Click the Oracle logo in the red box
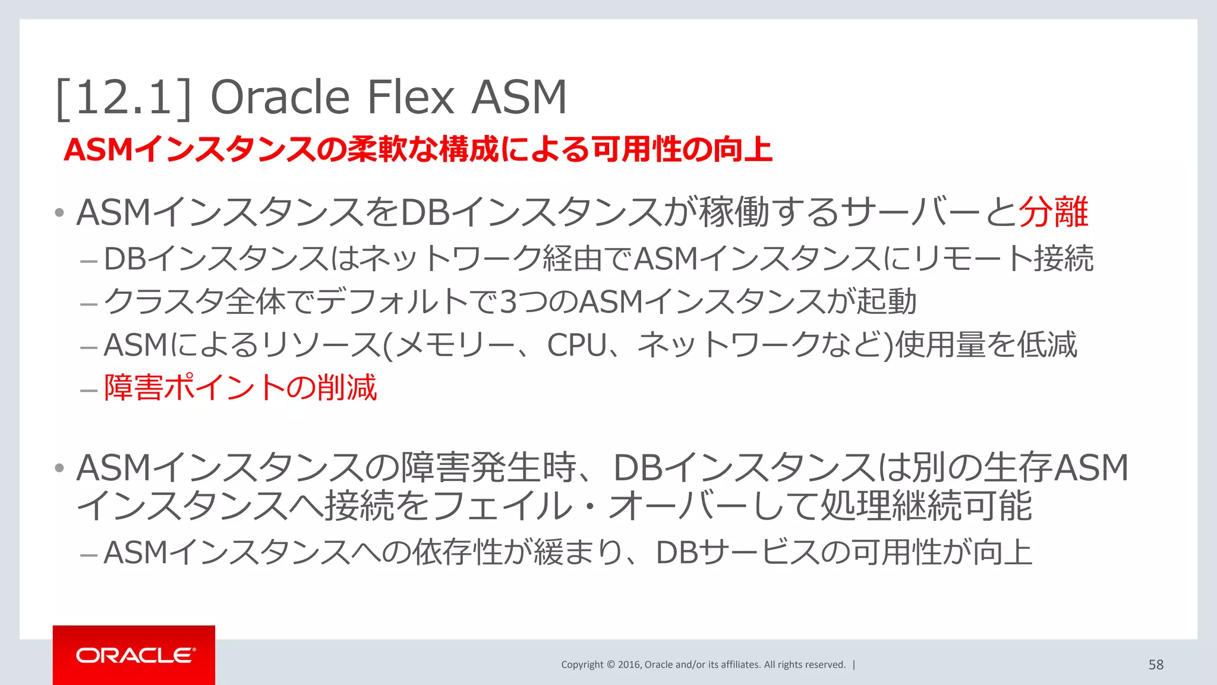click(x=135, y=655)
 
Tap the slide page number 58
click(x=1156, y=665)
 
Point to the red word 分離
click(x=1054, y=212)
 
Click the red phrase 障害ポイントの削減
click(x=240, y=388)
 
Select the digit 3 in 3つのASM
click(x=509, y=302)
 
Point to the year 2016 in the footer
click(x=629, y=665)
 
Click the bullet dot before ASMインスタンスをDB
click(x=59, y=213)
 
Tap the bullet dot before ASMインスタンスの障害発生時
click(x=59, y=468)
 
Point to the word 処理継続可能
click(x=926, y=506)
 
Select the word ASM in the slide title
click(x=519, y=98)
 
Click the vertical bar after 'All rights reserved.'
click(x=854, y=665)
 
